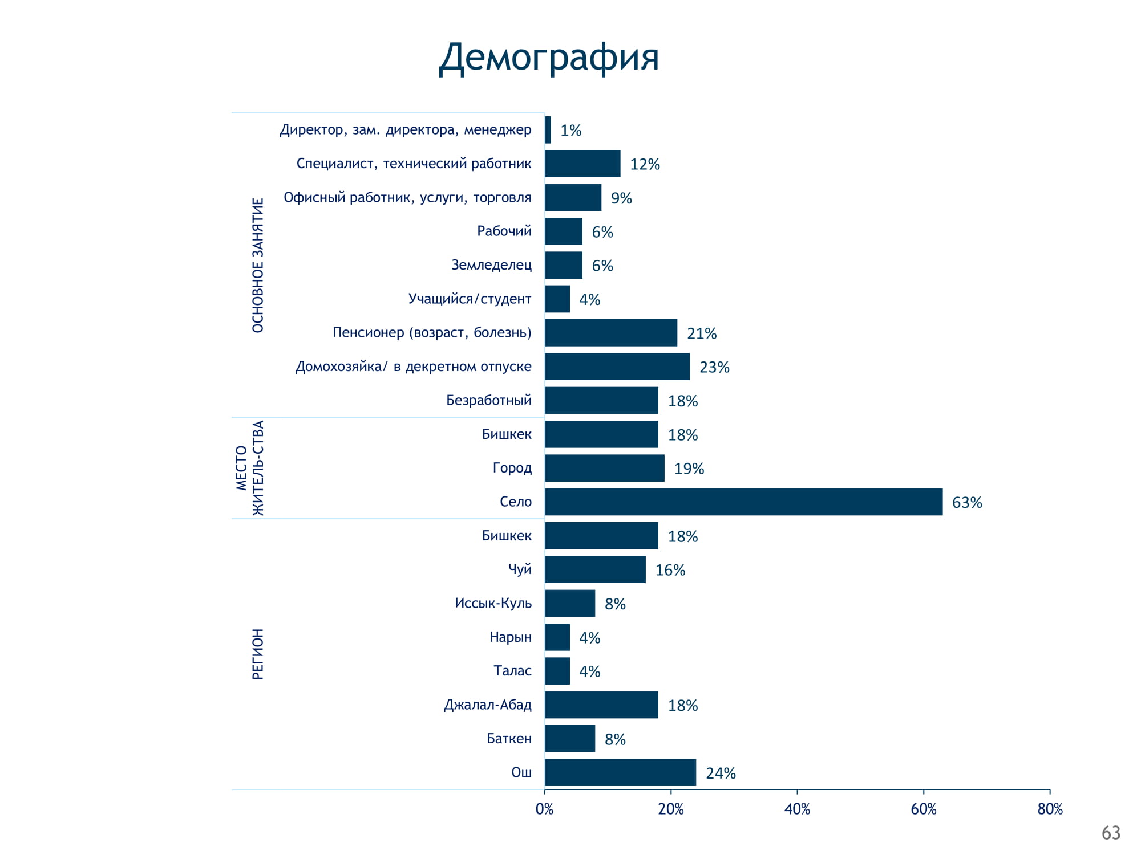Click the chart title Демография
point(549,58)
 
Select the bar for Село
point(743,502)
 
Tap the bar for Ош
point(620,772)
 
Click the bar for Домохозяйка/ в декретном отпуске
point(617,367)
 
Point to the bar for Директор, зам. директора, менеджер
point(548,130)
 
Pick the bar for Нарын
point(557,637)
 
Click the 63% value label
point(967,503)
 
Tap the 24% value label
point(721,773)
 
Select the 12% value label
point(645,165)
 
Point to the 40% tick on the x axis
point(797,809)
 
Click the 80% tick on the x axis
point(1050,809)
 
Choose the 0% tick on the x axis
point(545,809)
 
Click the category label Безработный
point(489,400)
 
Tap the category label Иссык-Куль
point(493,603)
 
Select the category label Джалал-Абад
point(488,705)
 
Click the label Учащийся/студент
point(470,299)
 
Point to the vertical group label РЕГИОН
point(258,654)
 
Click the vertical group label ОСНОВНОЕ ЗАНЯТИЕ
point(258,265)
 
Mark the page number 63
point(1111,833)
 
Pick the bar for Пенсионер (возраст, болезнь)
point(611,333)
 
